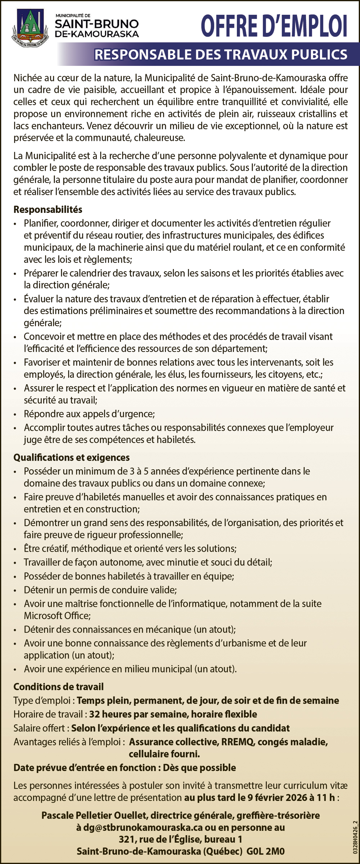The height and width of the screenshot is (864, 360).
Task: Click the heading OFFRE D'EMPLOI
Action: pos(274,26)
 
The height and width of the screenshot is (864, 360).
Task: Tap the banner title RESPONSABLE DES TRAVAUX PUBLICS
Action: pos(221,55)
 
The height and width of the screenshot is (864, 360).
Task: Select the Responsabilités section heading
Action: pos(48,210)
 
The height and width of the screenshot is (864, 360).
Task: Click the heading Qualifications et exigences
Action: pos(71,457)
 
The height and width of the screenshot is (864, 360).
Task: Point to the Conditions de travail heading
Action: pos(58,687)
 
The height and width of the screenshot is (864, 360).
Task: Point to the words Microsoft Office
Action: pos(57,615)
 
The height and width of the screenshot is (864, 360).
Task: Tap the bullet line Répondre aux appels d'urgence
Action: pos(89,414)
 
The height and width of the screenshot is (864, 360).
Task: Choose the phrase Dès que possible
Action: pos(199,767)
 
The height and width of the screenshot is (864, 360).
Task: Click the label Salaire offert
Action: pos(39,728)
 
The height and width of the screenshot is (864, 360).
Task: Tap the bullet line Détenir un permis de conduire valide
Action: pos(100,590)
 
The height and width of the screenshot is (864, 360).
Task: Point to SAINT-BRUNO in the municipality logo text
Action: pos(96,24)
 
